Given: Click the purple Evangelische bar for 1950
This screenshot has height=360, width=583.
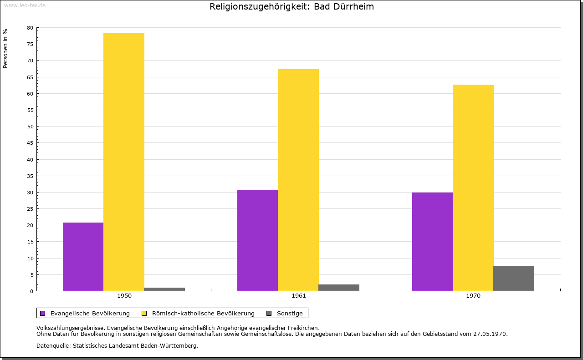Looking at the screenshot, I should [x=83, y=257].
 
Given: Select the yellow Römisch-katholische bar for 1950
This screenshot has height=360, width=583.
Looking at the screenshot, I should [x=124, y=162].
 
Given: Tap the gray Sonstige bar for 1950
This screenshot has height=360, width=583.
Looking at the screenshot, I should [x=164, y=289].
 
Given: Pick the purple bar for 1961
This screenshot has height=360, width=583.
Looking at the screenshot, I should [x=257, y=240].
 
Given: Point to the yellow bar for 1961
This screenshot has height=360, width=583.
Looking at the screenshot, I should [x=298, y=180].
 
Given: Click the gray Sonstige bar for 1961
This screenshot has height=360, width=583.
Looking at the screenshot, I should [x=339, y=288].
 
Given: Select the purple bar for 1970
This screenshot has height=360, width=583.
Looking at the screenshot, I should [x=432, y=242].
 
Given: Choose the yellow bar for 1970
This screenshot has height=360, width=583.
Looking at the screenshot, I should [x=473, y=188].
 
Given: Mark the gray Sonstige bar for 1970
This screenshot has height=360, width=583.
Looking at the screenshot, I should [x=514, y=278].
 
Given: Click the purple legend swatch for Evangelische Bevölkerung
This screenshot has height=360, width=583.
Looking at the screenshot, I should [x=43, y=313].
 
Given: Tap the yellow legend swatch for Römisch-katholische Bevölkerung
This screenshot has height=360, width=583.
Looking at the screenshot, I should [x=144, y=313].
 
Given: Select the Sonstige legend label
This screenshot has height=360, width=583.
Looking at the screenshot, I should [x=290, y=313].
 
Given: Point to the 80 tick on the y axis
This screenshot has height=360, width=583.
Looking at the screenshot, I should [x=30, y=28].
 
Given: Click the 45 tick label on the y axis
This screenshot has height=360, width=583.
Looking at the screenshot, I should [x=30, y=143].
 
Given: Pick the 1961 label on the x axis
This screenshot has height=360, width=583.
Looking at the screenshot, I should [x=299, y=296].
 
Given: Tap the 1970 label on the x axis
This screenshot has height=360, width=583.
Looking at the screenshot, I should [x=473, y=296].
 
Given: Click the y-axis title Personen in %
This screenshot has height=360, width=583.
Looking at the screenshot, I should [x=5, y=48].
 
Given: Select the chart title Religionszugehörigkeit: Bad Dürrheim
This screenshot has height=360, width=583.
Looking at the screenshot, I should [x=291, y=7].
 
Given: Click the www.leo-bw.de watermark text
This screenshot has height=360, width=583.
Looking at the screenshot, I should [x=25, y=5].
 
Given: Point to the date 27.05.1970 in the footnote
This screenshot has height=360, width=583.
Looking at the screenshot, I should [x=489, y=334].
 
